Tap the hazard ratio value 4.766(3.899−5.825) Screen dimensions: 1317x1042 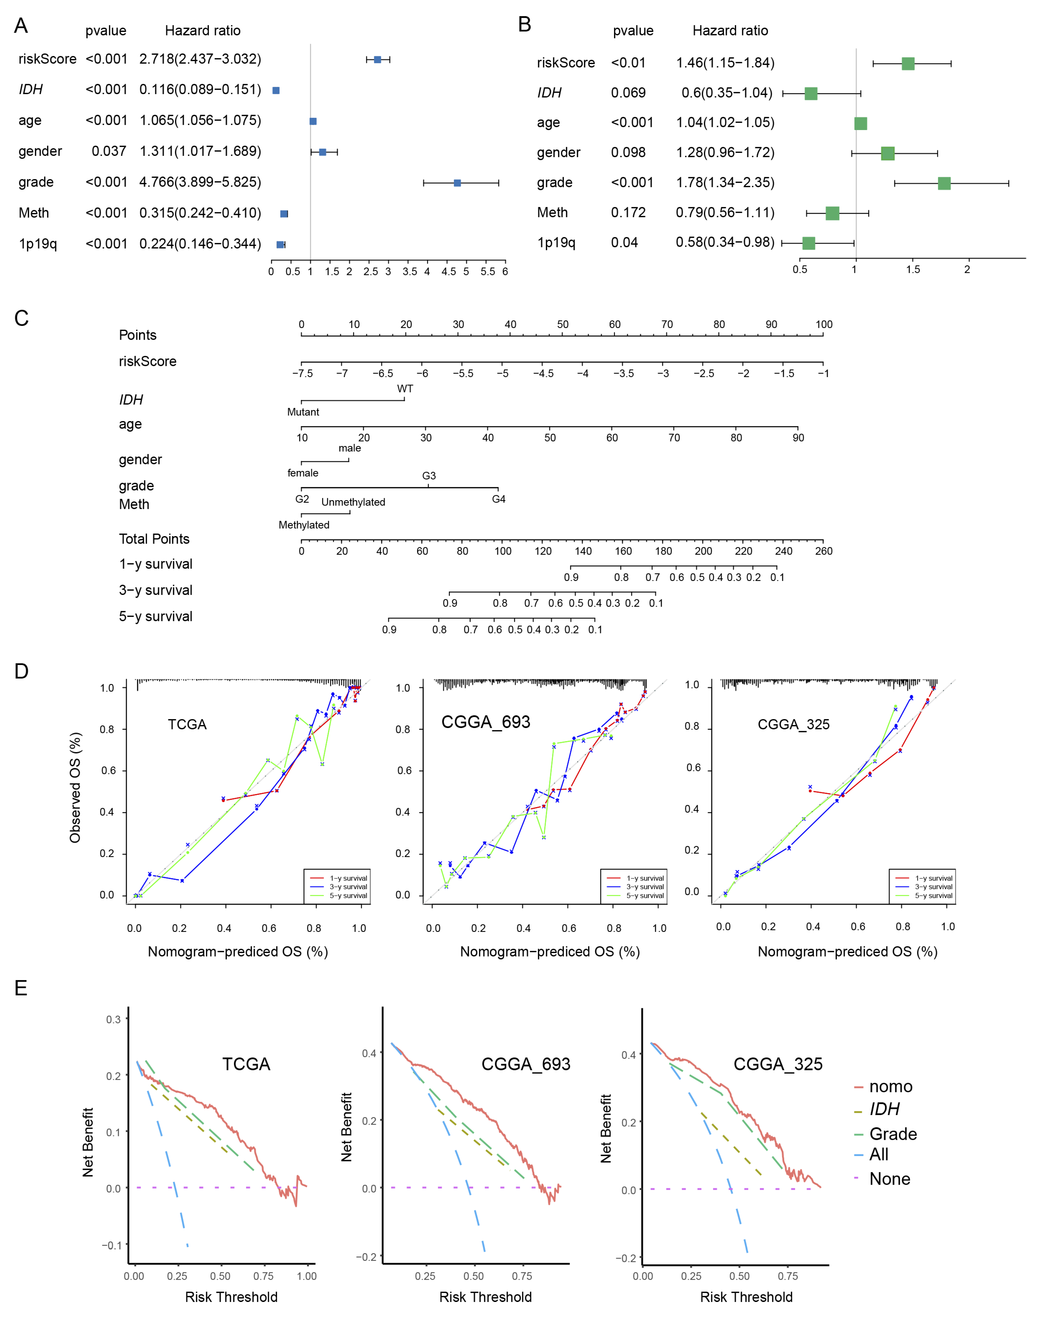[x=200, y=182]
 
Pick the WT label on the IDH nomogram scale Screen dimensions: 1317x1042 [x=405, y=388]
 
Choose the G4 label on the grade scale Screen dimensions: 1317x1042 [x=498, y=499]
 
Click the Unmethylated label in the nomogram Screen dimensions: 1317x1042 [x=353, y=502]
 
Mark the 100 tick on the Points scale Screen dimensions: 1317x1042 [x=824, y=324]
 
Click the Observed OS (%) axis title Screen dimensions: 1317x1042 [x=75, y=788]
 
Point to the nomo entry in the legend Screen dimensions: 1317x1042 [x=890, y=1086]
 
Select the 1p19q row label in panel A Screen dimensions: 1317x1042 [x=38, y=244]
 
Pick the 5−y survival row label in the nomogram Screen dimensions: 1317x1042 [x=156, y=617]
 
